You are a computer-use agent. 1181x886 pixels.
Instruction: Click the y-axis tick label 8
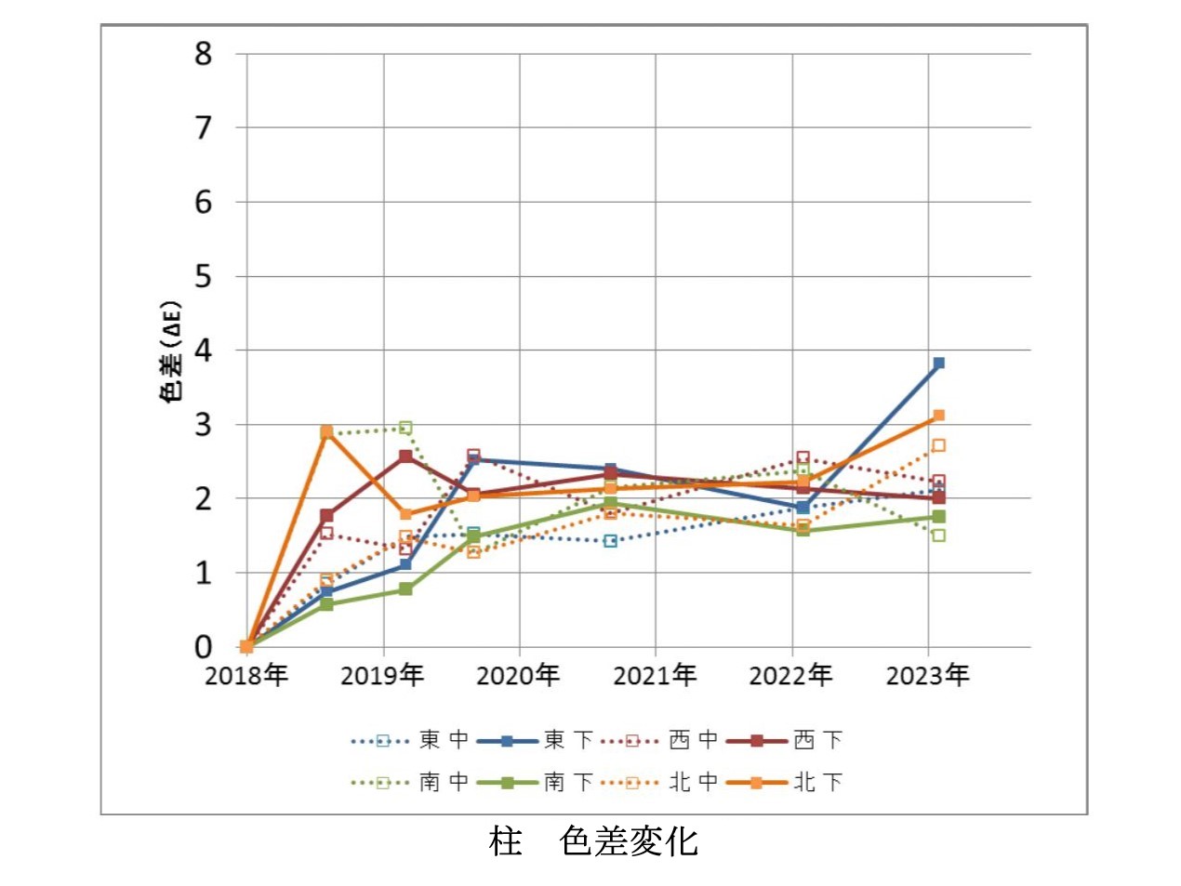(203, 54)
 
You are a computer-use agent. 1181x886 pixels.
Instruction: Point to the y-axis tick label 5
(203, 276)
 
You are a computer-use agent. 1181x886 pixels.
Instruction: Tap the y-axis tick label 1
(203, 573)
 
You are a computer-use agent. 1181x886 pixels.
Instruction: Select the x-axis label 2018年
(246, 675)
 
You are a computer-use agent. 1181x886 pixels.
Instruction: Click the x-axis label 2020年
(518, 675)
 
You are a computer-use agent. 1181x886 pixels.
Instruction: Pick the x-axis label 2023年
(927, 675)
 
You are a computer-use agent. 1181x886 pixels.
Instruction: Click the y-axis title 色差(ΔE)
(171, 351)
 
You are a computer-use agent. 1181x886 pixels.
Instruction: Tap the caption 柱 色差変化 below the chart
(592, 841)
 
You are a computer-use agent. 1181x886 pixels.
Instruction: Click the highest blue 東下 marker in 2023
(938, 363)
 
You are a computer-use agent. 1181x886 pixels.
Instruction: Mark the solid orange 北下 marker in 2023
(938, 416)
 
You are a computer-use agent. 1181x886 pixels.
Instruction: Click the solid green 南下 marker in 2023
(938, 516)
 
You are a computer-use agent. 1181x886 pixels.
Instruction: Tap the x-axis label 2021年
(655, 675)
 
